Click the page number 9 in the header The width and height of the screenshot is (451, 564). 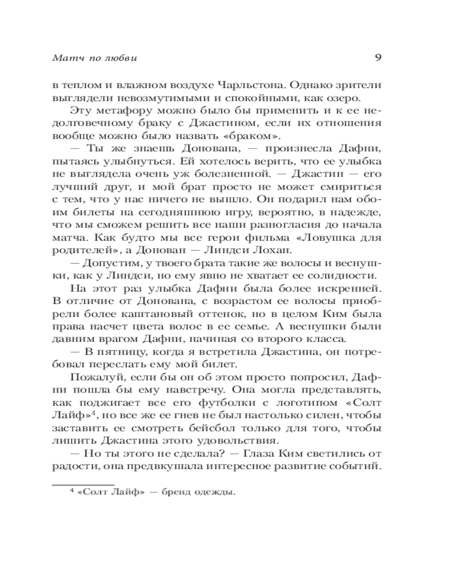[379, 56]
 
